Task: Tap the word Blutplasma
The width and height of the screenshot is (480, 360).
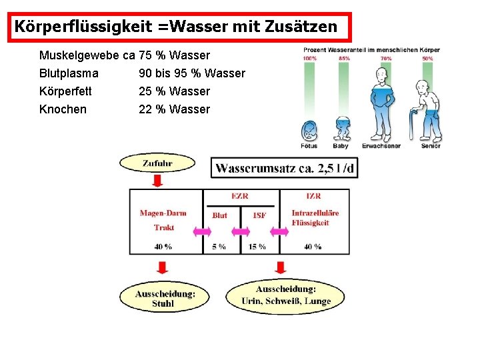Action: (69, 73)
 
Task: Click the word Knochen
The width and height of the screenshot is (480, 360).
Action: (63, 109)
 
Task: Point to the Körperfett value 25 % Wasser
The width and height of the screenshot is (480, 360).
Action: (174, 91)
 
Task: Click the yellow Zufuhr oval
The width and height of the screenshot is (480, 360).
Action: (157, 163)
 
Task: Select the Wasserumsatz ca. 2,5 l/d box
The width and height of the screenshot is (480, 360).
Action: (285, 167)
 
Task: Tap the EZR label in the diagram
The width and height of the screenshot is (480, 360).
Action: (241, 196)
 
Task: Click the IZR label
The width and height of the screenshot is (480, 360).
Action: (313, 196)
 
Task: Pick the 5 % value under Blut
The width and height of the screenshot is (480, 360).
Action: (219, 247)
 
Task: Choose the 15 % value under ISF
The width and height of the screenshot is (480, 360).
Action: (257, 247)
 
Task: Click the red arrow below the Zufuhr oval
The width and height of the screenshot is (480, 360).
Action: (157, 181)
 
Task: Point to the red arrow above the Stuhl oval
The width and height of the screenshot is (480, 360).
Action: (161, 268)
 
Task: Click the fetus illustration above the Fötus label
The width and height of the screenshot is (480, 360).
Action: (309, 129)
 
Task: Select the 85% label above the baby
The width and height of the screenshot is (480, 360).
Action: (344, 59)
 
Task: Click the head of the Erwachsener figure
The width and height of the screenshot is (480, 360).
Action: (381, 75)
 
